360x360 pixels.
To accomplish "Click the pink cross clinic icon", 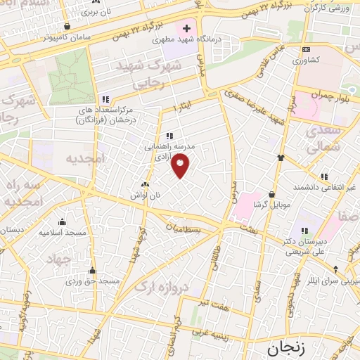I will click(x=186, y=29).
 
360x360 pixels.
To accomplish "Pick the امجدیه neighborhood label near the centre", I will click(x=84, y=160).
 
